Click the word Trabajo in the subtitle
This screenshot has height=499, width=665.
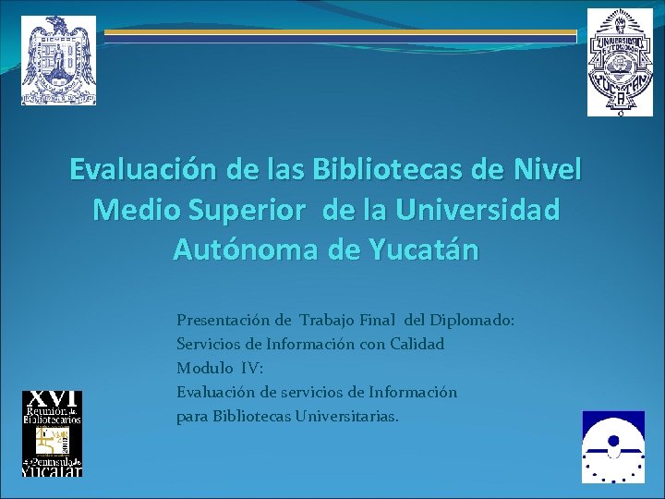[327, 321]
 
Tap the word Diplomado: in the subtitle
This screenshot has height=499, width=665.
[469, 321]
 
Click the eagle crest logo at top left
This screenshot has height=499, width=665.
[59, 60]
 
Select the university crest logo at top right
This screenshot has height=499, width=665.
[620, 62]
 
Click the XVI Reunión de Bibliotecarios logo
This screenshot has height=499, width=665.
[53, 433]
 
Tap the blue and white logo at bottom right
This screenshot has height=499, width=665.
[613, 447]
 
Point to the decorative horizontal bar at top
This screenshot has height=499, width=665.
[340, 36]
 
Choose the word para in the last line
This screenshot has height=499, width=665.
[192, 417]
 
